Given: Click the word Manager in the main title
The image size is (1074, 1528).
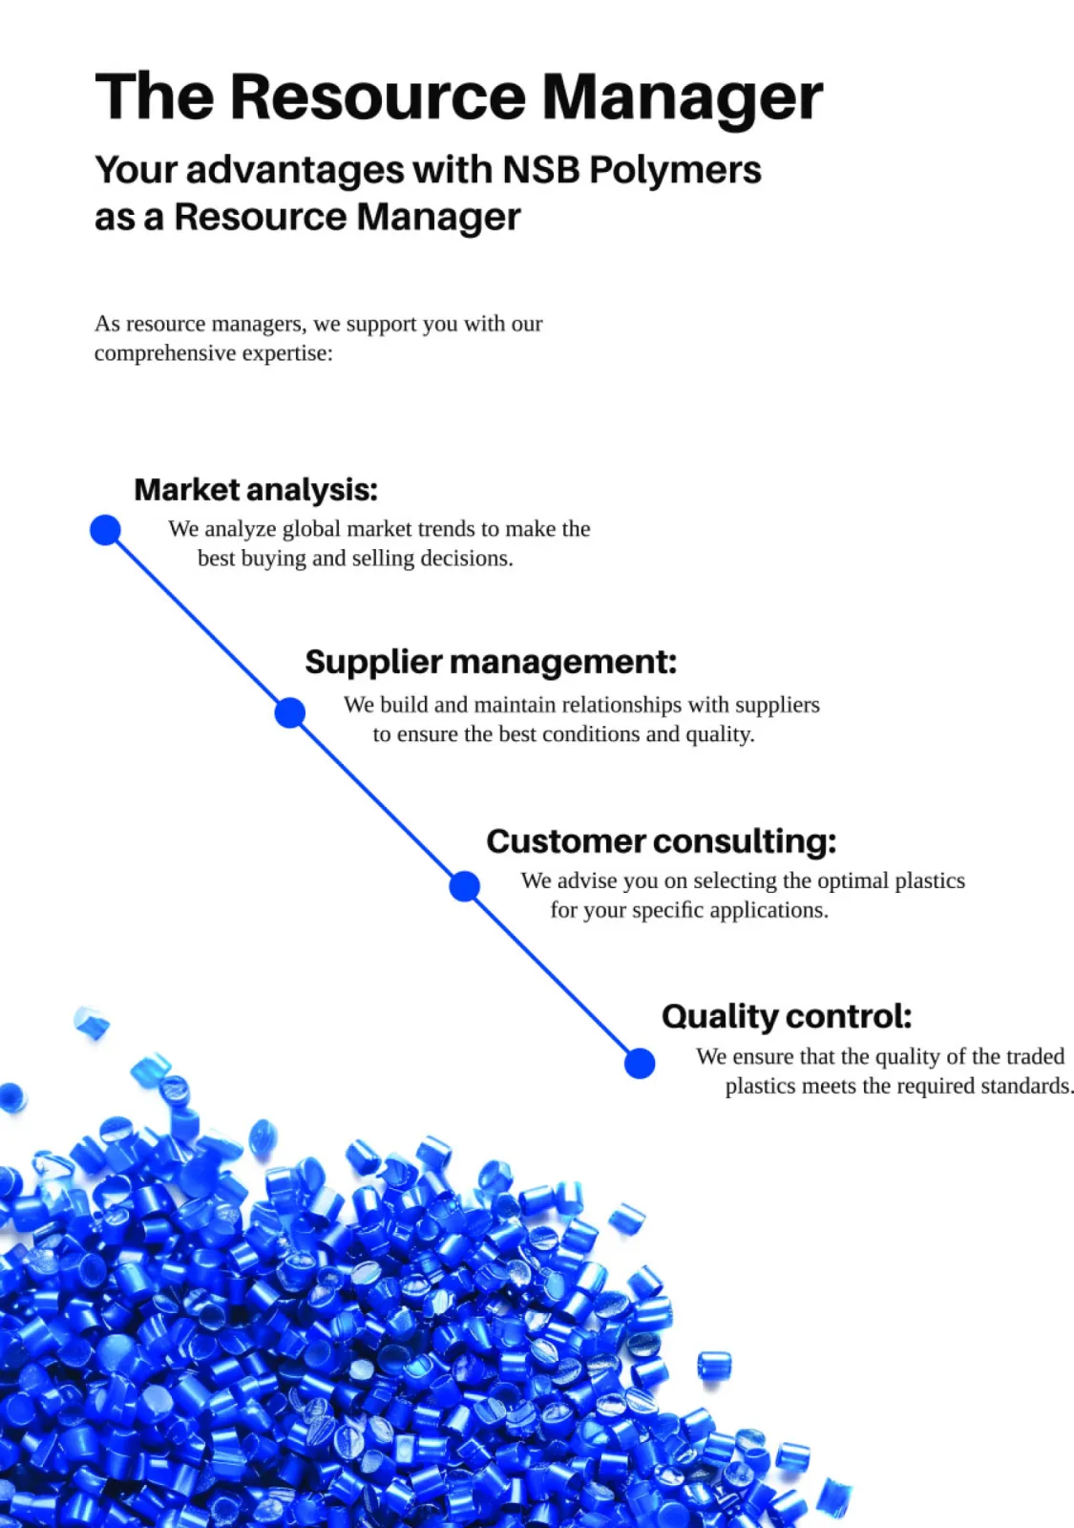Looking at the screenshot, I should pyautogui.click(x=682, y=97).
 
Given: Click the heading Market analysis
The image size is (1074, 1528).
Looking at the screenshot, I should pyautogui.click(x=256, y=490).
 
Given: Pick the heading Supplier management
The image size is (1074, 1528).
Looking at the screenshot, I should pyautogui.click(x=491, y=662).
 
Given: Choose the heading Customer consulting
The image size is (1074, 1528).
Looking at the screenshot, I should pyautogui.click(x=661, y=841).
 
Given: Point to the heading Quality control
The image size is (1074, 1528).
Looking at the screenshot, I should pyautogui.click(x=787, y=1016).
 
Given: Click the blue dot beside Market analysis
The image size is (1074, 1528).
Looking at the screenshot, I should pyautogui.click(x=105, y=529).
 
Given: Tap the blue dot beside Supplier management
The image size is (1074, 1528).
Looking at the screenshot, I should pyautogui.click(x=290, y=712).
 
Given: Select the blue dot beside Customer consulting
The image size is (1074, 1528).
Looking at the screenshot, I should pyautogui.click(x=465, y=886).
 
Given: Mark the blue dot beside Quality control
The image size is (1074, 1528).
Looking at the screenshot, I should pyautogui.click(x=640, y=1063).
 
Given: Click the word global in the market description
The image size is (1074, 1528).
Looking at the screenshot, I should pyautogui.click(x=311, y=530).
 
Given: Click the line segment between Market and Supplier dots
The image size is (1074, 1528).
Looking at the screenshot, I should pyautogui.click(x=198, y=621).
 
